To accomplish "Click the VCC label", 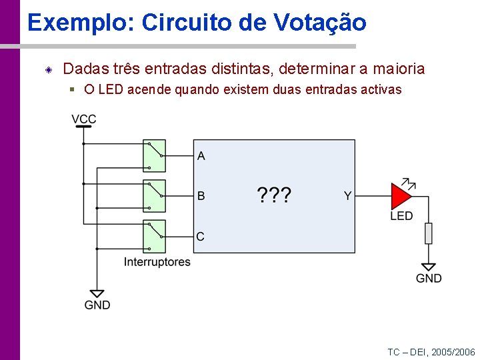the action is [x=84, y=119].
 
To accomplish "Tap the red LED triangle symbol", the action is [x=401, y=196].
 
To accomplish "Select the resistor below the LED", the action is [x=429, y=233].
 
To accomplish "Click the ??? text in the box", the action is [x=274, y=195].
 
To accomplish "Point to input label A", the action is [x=201, y=156].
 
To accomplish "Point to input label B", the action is [x=201, y=196].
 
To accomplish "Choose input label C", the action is [x=201, y=236].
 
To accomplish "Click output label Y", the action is [x=347, y=196].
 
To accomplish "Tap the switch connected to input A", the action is [x=155, y=156].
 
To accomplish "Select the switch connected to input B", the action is [x=155, y=196].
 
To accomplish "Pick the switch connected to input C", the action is [x=155, y=236].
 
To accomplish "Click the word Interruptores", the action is [x=157, y=262].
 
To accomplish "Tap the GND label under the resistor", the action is [x=429, y=279].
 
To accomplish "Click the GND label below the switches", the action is [x=97, y=305].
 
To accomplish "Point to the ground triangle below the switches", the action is [x=97, y=293].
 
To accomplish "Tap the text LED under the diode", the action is [x=401, y=216].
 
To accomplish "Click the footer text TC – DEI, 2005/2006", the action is [x=431, y=351].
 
